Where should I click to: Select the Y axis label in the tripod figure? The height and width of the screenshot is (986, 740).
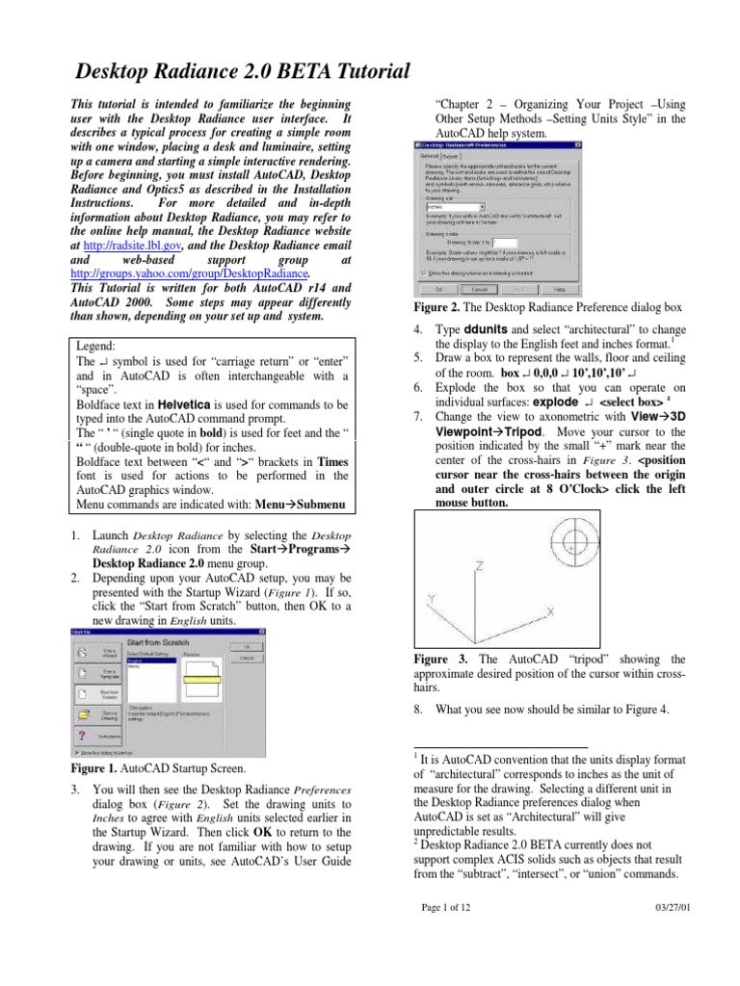click(433, 598)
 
